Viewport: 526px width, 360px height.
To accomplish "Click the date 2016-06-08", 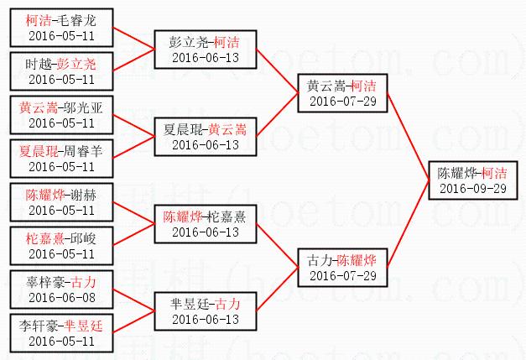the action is [x=60, y=297].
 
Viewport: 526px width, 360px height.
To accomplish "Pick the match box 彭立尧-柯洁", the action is [x=205, y=48].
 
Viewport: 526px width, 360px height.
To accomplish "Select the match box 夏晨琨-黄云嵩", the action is [x=205, y=137].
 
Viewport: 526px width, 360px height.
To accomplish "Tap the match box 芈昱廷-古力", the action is [x=205, y=310].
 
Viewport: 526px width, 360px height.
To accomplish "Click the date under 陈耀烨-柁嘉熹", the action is [x=205, y=232].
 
